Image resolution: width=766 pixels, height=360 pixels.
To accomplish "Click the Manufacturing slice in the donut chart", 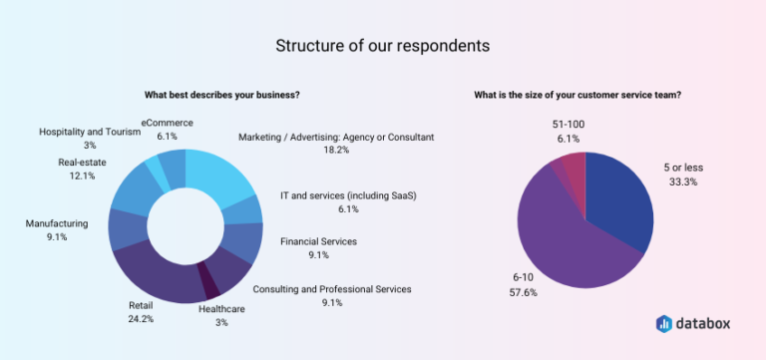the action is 128,229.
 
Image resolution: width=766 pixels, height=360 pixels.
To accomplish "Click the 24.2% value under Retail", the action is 142,319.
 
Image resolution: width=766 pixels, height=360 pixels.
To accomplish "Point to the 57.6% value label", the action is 524,293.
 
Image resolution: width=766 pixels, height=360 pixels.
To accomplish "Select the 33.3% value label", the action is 683,182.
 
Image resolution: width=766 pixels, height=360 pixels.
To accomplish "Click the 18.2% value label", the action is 335,151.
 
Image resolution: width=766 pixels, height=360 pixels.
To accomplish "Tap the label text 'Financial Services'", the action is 318,241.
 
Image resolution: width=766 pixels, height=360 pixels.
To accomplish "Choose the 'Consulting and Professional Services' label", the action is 332,289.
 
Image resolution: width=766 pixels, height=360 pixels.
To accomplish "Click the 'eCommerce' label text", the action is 168,123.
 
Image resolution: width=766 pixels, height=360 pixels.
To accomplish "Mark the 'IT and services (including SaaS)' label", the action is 348,195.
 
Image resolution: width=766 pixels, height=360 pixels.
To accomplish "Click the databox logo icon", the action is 664,323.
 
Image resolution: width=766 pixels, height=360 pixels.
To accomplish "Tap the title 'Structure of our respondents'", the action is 383,46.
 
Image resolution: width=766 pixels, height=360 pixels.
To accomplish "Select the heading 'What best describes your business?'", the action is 221,96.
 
